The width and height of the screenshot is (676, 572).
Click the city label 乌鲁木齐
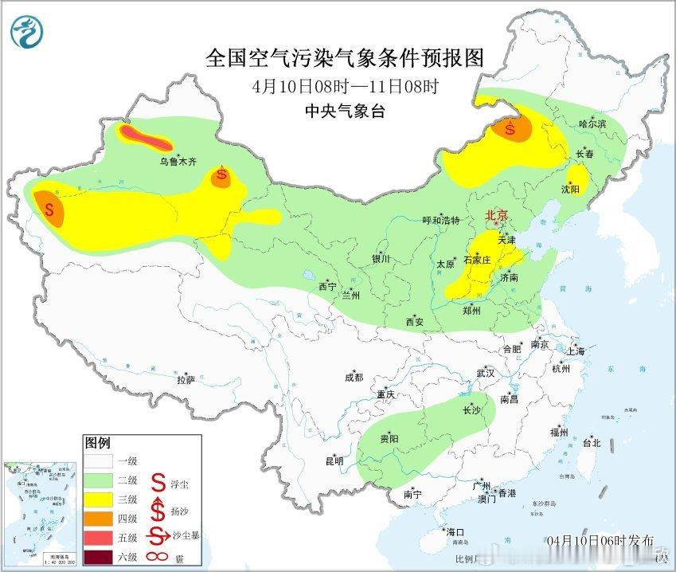click(x=177, y=162)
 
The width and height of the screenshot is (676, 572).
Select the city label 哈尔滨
click(x=592, y=124)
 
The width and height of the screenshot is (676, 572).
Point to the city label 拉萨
click(x=185, y=380)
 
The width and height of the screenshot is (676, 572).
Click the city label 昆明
click(x=334, y=460)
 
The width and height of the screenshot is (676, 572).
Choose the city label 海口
click(x=454, y=531)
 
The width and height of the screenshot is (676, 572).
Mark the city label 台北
click(x=590, y=443)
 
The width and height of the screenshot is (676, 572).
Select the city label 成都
click(x=354, y=378)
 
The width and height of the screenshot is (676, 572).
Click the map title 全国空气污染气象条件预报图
click(x=345, y=58)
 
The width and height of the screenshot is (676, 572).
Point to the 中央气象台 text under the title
click(x=345, y=112)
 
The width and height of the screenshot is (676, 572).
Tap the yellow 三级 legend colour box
click(x=100, y=500)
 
